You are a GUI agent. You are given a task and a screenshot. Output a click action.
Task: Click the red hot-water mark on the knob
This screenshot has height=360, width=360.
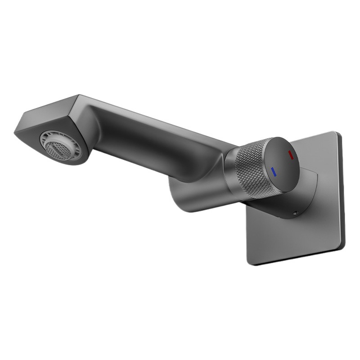tap(290, 156)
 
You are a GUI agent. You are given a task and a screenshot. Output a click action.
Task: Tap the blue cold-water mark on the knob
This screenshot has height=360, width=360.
tap(273, 171)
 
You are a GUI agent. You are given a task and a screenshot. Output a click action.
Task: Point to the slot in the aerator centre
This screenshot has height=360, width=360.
tap(57, 148)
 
